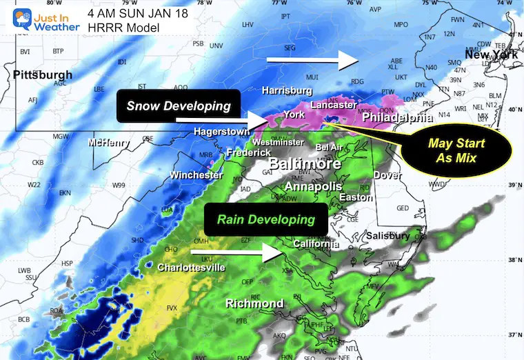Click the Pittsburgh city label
(42, 74)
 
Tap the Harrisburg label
(288, 90)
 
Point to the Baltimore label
(304, 165)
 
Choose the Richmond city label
(254, 303)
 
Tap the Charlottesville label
(191, 268)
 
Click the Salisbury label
(388, 236)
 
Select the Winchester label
(196, 175)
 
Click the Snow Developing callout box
(178, 106)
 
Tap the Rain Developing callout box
(266, 220)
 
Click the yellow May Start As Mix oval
(456, 150)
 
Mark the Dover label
(387, 175)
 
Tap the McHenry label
(108, 143)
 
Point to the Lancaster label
(333, 105)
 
